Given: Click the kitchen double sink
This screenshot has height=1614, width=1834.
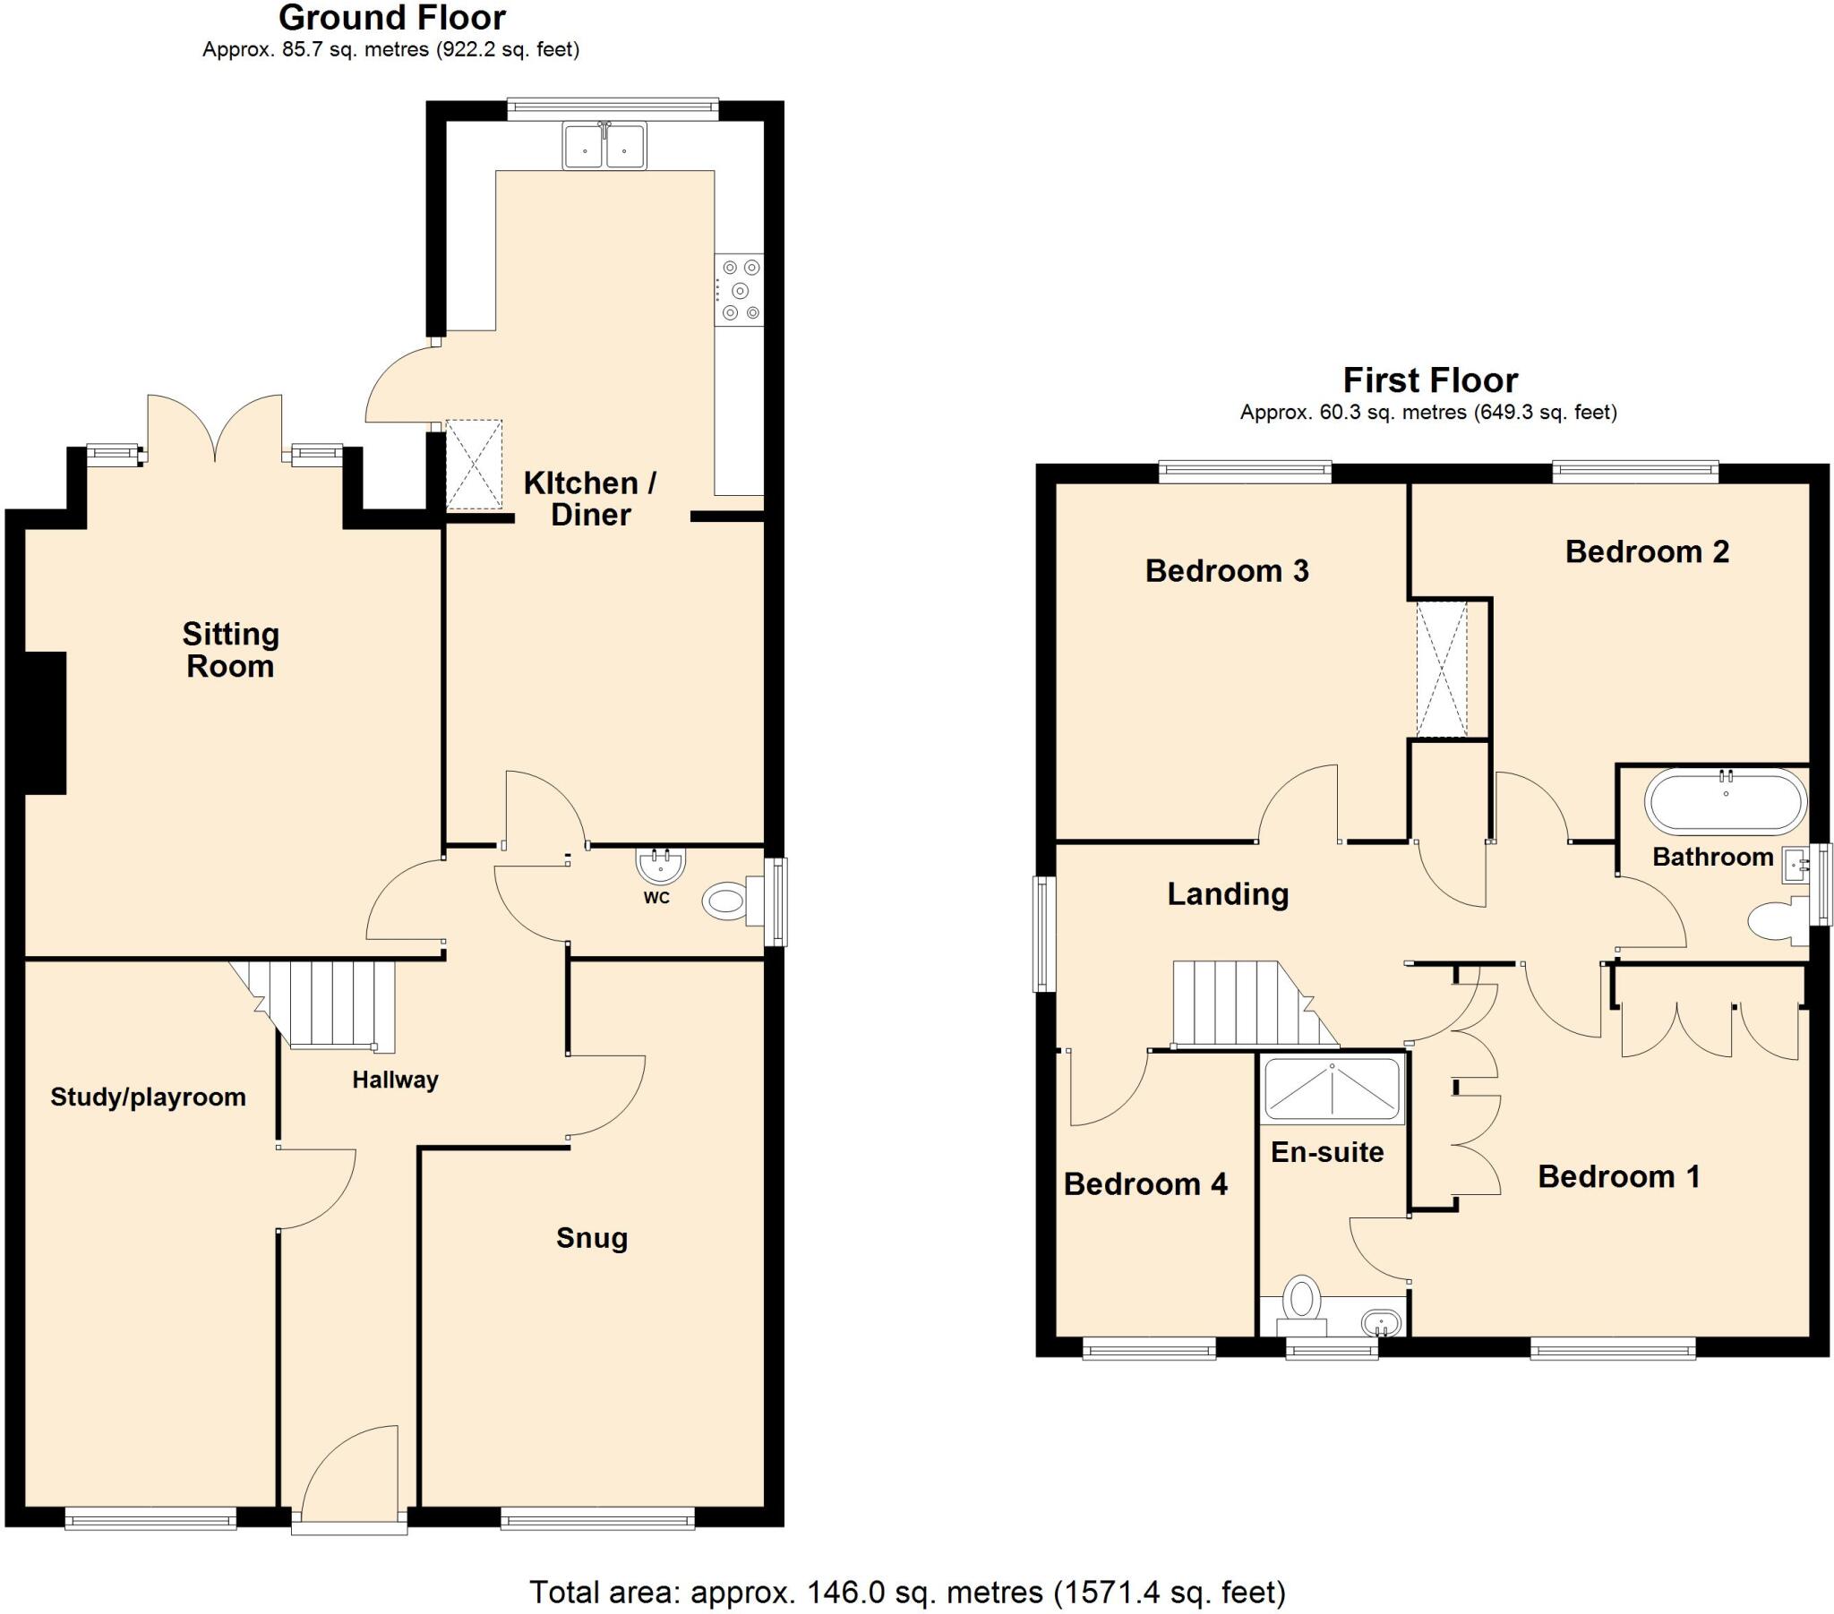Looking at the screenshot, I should coord(604,146).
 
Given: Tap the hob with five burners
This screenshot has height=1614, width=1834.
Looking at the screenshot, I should coord(740,290).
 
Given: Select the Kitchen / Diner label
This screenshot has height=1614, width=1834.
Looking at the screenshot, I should coord(590,499).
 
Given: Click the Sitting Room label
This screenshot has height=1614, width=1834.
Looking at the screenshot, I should coord(231,651).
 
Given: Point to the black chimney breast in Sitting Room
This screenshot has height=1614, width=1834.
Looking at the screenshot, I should coord(45,723).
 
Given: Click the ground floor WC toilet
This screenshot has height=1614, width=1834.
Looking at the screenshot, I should coord(727,901).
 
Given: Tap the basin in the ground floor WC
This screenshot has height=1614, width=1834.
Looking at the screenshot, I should coord(661,866).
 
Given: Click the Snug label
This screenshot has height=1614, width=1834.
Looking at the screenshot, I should coord(591,1238).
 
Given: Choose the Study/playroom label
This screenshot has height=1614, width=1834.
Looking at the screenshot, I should coord(148,1097).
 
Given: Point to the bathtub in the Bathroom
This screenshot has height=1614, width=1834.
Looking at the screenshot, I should coord(1725,802).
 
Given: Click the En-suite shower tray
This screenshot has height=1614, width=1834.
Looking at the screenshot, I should coord(1332,1090).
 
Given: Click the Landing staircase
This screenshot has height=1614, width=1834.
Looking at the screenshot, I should coord(1247,1003).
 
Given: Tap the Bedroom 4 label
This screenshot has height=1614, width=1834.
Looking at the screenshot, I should coord(1144,1184).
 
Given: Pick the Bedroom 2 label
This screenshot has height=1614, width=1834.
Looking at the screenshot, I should coord(1647,551).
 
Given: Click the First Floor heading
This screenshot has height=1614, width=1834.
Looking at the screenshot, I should coord(1429,380).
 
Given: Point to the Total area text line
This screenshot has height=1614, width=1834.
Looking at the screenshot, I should coord(907,1593).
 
